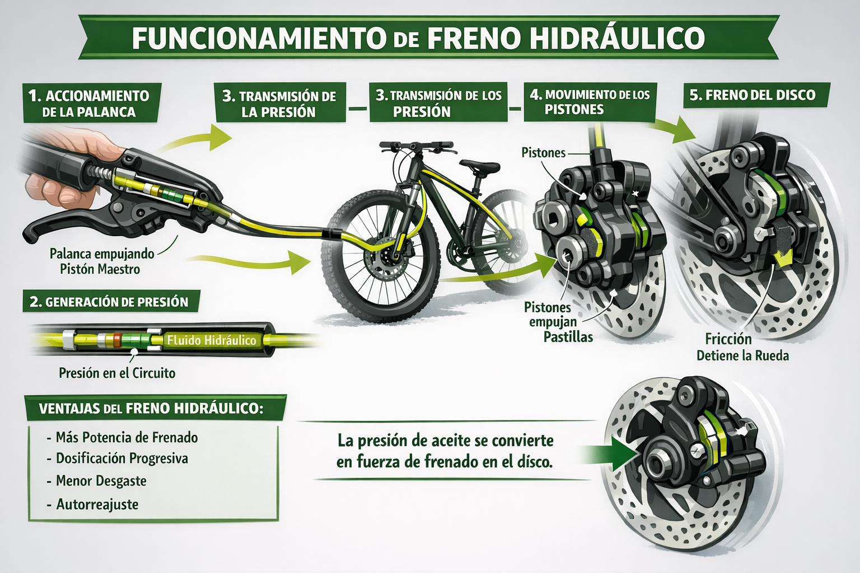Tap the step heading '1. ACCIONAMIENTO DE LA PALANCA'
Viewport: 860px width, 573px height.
tap(89, 104)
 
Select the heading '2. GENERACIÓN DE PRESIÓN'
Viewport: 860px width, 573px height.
tap(109, 302)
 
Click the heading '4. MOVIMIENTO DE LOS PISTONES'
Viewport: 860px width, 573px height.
tap(590, 102)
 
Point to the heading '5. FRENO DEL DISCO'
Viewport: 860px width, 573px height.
tap(752, 95)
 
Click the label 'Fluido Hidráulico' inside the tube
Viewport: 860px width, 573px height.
tap(212, 340)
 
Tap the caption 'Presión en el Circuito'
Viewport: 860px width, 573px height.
tap(117, 373)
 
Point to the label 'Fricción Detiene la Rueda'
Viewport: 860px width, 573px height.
tap(742, 347)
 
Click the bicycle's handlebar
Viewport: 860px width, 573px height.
tap(416, 145)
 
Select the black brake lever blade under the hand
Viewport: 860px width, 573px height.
tap(66, 223)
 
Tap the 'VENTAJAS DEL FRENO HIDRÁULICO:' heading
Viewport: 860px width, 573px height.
tap(151, 408)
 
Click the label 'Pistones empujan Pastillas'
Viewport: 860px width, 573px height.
tap(559, 322)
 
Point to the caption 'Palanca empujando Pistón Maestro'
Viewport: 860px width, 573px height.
tap(101, 261)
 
